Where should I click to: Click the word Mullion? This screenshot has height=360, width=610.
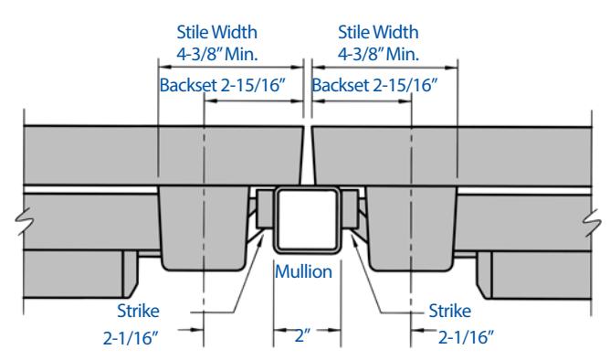coord(303,271)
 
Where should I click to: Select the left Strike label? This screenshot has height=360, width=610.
coord(138,311)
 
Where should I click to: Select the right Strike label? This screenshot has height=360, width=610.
coord(449,311)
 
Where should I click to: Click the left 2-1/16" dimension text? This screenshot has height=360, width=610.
coord(131,338)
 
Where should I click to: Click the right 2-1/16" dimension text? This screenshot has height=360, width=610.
coord(466,337)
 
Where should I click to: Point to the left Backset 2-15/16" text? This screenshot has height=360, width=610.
coord(223,85)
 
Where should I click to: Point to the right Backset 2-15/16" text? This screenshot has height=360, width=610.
coord(374,85)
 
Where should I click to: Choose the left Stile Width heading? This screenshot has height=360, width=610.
coord(216,32)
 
